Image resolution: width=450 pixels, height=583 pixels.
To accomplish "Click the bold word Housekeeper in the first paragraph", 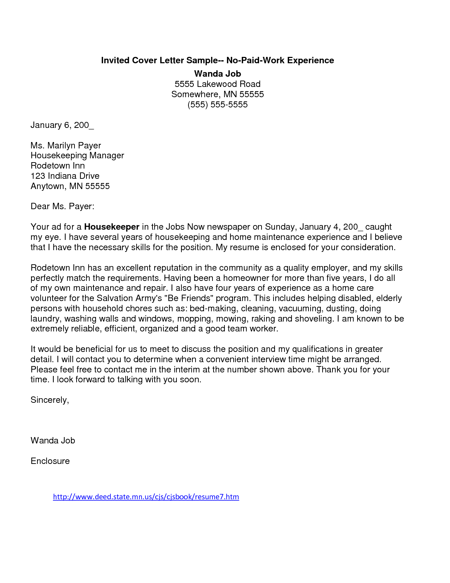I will pos(112,227).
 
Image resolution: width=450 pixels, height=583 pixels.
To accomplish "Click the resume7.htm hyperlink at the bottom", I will pos(146,497).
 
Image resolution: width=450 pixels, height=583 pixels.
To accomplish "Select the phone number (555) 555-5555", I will pos(217,105).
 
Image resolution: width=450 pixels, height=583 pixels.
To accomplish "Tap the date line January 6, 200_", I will pos(62,125).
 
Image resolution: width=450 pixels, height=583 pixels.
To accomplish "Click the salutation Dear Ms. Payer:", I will pos(62,206).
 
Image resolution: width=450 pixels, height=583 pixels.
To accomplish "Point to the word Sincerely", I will pos(49,400).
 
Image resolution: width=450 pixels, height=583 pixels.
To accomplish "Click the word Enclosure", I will pos(50,461).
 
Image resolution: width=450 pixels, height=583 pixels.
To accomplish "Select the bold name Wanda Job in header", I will pos(217,74).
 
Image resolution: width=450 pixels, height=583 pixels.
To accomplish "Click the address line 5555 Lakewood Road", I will pos(217,84).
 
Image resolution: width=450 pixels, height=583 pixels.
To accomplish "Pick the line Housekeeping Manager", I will pos(77,155).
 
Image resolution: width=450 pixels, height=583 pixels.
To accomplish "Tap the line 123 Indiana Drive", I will pos(65,176).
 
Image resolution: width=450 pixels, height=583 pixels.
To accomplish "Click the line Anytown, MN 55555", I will pos(70,186).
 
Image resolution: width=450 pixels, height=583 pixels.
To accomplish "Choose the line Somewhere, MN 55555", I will pos(217,94).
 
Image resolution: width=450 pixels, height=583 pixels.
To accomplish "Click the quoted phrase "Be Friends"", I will pos(189,298).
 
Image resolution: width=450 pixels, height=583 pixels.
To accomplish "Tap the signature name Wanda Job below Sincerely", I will pos(53,441).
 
